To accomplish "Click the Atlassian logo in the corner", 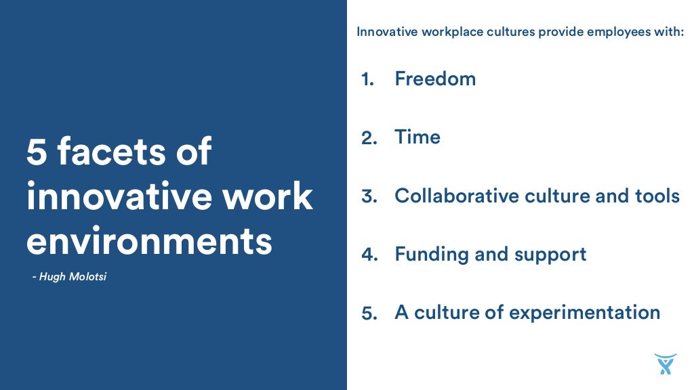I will (665, 364).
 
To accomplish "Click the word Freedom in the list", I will (435, 79).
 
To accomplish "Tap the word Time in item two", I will (417, 137).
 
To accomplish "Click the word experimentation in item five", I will (584, 313).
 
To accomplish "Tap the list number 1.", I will (367, 79).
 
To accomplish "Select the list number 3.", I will (368, 196).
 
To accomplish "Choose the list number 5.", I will (368, 313).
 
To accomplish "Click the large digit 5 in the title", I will (37, 152).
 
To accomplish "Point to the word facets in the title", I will (109, 152).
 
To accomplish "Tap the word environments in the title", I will (149, 242).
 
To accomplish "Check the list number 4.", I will (368, 255).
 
